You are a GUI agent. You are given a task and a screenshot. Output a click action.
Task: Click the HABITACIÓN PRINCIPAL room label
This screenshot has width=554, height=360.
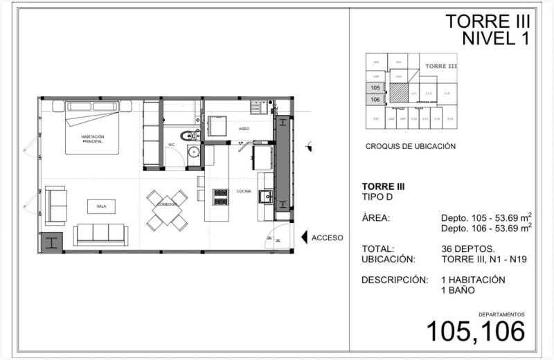[92, 140]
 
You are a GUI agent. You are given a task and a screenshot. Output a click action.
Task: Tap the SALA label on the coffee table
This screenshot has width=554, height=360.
[101, 206]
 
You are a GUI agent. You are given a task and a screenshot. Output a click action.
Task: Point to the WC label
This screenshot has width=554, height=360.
[171, 145]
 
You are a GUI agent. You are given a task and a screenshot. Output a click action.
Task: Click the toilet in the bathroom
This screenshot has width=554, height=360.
[188, 136]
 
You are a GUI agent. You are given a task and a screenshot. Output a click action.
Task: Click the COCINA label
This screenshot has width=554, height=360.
[243, 190]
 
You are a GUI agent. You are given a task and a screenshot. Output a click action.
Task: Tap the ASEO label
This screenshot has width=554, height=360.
[244, 129]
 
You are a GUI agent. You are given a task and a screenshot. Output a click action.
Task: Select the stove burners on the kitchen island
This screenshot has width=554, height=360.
[221, 197]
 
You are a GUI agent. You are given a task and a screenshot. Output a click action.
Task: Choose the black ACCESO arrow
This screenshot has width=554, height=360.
[304, 237]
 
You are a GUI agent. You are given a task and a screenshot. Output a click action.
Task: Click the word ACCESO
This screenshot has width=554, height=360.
[328, 237]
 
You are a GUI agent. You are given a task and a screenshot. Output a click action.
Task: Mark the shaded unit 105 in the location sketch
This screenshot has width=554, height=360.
[375, 88]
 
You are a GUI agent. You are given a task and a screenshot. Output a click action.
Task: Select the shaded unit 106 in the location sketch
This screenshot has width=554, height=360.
[375, 99]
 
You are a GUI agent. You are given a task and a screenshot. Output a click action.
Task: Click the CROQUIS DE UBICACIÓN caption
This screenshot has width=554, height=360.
[410, 147]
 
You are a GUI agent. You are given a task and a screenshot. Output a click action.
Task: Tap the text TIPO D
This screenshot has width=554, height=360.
[377, 197]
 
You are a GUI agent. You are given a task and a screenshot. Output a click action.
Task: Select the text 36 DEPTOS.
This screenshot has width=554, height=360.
[467, 249]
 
